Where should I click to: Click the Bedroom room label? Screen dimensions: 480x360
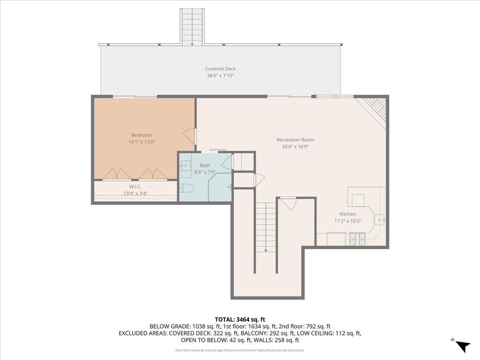pyautogui.click(x=142, y=135)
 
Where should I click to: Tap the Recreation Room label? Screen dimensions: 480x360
pyautogui.click(x=295, y=140)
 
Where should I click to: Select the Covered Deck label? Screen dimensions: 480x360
pyautogui.click(x=220, y=69)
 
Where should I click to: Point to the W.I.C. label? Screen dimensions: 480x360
pyautogui.click(x=135, y=186)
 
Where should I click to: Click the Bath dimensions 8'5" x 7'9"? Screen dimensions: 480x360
pyautogui.click(x=205, y=172)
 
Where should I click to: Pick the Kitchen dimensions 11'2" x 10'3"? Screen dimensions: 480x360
pyautogui.click(x=348, y=221)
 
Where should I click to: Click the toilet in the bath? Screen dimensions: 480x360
pyautogui.click(x=186, y=188)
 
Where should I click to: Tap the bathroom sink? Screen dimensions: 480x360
pyautogui.click(x=185, y=166)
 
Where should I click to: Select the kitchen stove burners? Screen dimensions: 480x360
pyautogui.click(x=357, y=239)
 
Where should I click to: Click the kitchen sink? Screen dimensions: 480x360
pyautogui.click(x=380, y=220)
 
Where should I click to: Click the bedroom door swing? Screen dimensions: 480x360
pyautogui.click(x=189, y=137)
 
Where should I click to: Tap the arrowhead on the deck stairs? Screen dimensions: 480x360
pyautogui.click(x=192, y=44)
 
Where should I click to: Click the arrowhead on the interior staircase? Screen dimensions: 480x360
pyautogui.click(x=266, y=250)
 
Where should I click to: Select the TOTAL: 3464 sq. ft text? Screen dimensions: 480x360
pyautogui.click(x=240, y=319)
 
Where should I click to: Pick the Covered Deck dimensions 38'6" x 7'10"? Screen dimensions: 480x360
pyautogui.click(x=220, y=76)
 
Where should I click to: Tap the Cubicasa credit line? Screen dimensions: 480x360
pyautogui.click(x=240, y=350)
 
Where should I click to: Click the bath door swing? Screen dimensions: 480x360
pyautogui.click(x=227, y=162)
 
